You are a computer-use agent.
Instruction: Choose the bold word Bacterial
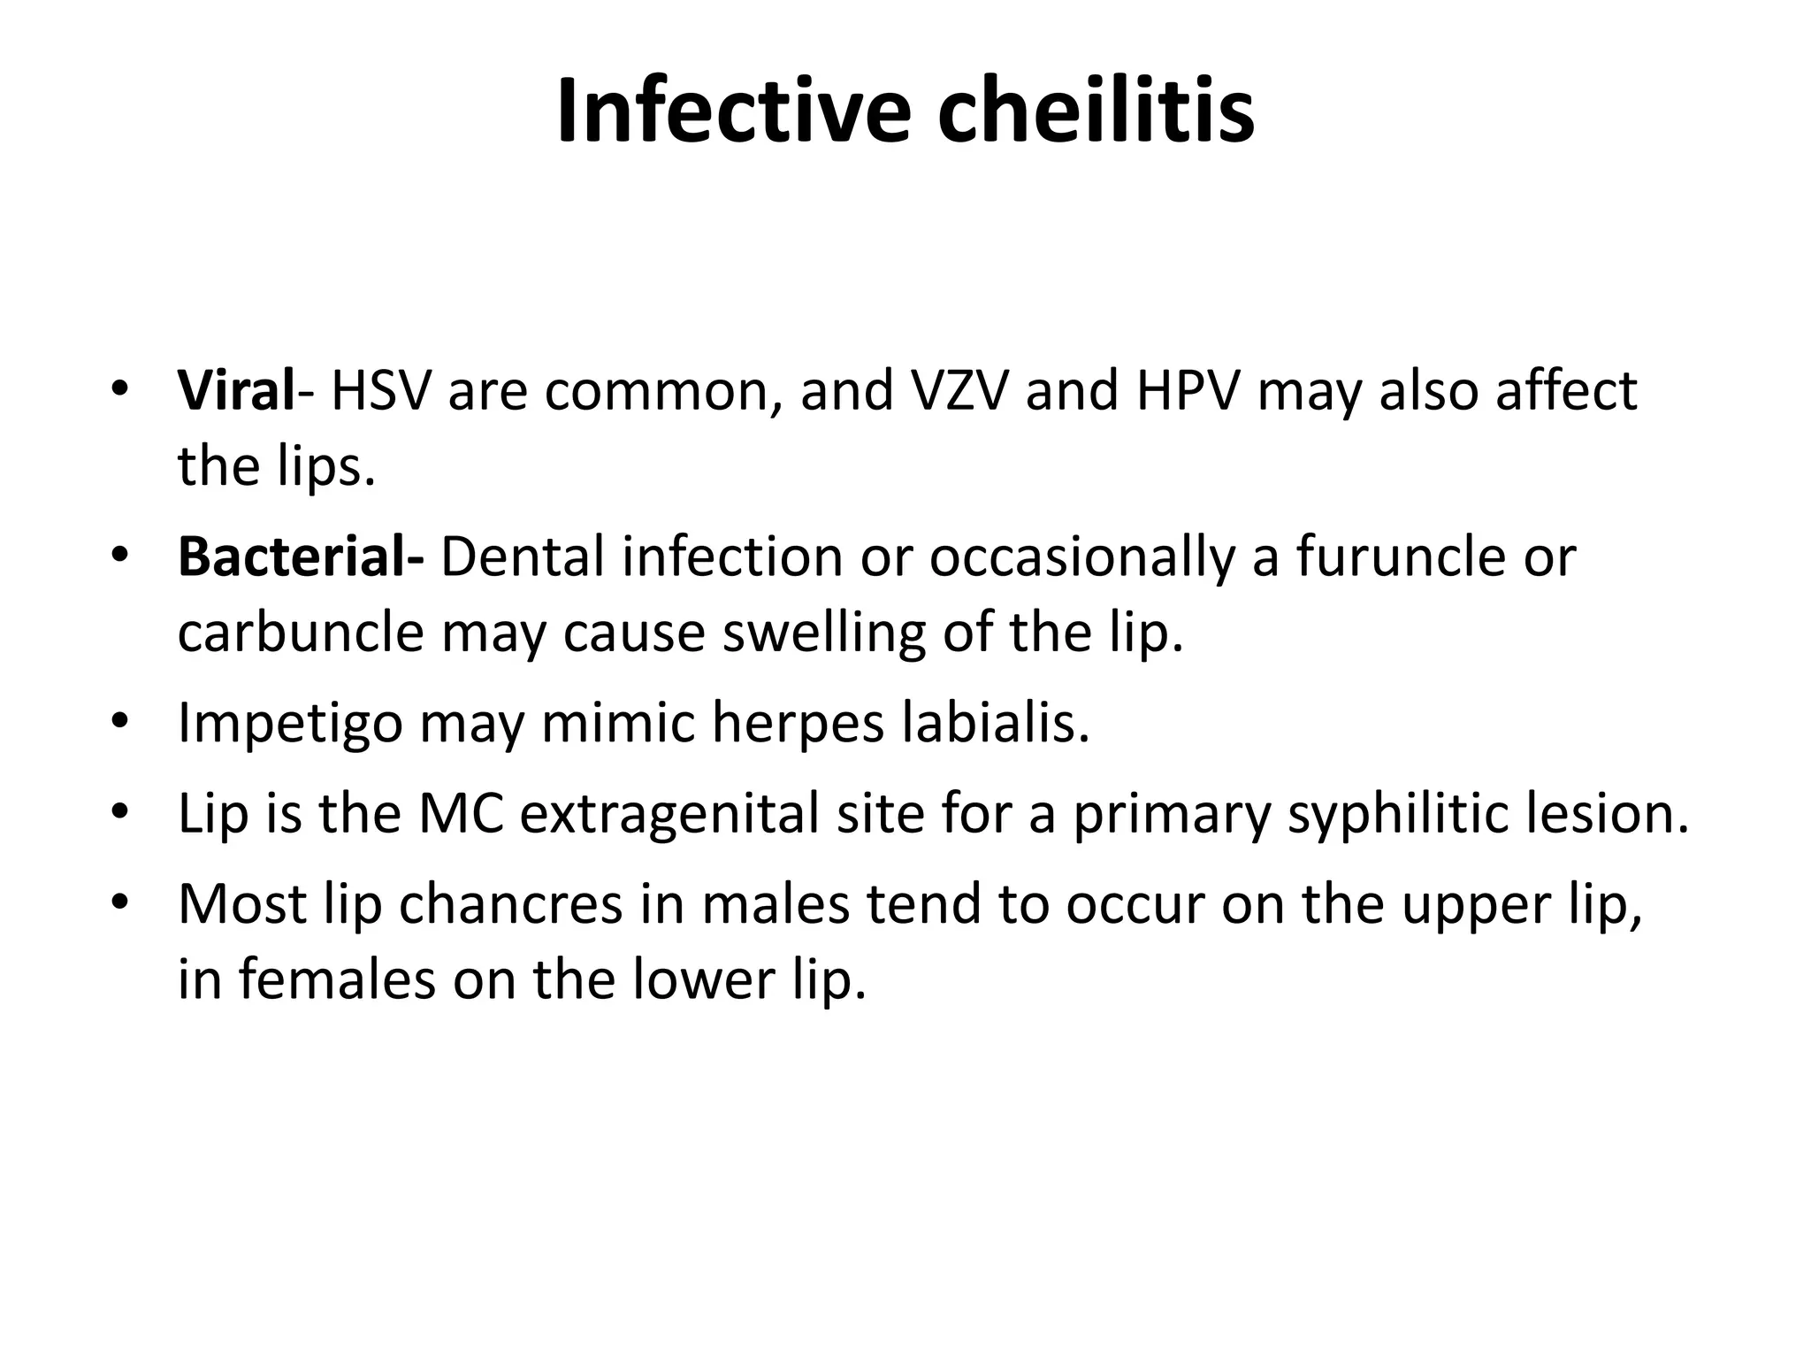(296, 557)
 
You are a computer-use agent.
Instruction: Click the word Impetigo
(291, 724)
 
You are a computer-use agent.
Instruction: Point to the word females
(337, 979)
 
